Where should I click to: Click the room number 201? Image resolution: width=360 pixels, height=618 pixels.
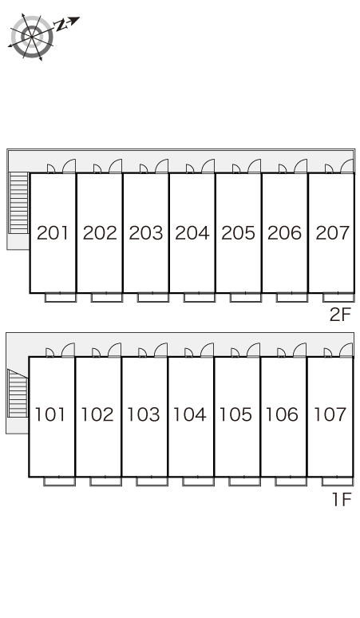coord(53,233)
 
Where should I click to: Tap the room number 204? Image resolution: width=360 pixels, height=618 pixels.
coord(192,233)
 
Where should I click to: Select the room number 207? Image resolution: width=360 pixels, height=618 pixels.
coord(332,233)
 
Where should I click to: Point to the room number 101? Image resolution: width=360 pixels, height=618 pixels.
coord(49,414)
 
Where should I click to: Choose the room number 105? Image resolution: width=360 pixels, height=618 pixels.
coord(235,414)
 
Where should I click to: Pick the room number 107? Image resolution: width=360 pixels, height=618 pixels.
coord(330,414)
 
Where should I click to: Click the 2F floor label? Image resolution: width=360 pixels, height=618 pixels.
coord(340,315)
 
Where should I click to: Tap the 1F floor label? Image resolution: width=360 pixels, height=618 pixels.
coord(342,500)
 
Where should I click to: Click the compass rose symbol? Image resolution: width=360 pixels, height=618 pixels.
coord(31,37)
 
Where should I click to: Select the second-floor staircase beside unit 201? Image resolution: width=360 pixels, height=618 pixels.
coord(19,203)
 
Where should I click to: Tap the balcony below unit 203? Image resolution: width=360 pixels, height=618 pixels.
coord(152,298)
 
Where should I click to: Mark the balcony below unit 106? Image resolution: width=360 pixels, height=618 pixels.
coord(291,481)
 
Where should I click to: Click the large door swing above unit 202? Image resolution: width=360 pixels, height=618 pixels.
coord(116,166)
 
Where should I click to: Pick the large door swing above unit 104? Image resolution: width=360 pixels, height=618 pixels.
coord(207,350)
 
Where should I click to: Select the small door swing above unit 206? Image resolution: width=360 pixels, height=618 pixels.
coord(283,168)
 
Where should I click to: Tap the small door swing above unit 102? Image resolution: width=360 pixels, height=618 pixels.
coord(96,353)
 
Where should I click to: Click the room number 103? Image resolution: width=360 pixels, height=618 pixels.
coord(144,414)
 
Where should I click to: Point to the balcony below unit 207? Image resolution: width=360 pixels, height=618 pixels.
coord(338,298)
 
